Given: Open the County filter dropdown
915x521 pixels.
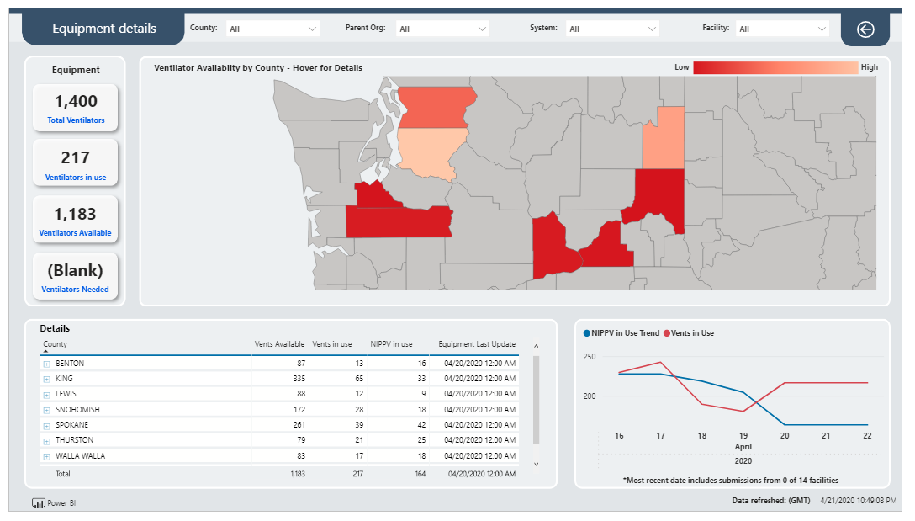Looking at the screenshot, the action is point(272,29).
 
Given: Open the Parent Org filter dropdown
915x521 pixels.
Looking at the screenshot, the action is point(442,29).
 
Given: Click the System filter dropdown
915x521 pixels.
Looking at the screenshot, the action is point(612,29).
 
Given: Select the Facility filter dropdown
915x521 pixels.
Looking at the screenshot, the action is point(782,29).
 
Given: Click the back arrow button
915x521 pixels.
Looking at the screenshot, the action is point(865,29).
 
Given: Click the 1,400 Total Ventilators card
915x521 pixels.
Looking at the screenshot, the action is point(76,108).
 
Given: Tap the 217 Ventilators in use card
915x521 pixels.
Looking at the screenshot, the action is point(76,163).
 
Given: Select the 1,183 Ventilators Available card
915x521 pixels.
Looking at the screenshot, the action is point(76,220).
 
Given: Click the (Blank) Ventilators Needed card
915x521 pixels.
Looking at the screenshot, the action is point(76,276).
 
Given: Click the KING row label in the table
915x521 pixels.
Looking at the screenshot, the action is point(64,379).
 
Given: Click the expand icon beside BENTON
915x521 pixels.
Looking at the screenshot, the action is point(47,364).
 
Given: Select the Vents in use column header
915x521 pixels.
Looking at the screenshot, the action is point(332,344).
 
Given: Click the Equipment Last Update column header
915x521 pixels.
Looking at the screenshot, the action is point(477,344).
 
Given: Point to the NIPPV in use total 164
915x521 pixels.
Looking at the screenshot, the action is point(420,474).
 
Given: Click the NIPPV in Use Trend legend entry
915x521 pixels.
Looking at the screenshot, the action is point(621,333).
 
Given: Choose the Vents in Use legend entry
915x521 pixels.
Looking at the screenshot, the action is point(689,333).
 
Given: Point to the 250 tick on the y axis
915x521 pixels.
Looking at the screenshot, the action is point(590,356).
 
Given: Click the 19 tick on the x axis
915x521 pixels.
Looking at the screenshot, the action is point(743,436).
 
